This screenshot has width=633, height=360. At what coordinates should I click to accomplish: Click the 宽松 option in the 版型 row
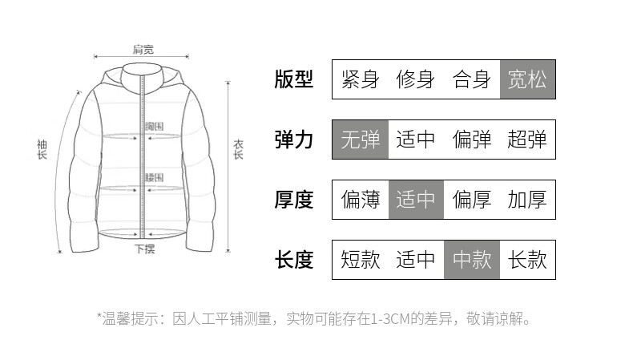527,79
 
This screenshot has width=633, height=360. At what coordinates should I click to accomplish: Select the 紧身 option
360,79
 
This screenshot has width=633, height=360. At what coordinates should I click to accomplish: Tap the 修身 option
416,79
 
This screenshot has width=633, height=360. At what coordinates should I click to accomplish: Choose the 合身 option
472,79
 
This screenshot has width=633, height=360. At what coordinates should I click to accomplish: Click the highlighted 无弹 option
360,140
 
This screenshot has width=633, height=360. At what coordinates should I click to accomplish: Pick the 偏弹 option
472,140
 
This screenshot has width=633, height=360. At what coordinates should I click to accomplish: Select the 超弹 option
527,140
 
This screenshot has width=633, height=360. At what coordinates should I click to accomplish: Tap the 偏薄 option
360,200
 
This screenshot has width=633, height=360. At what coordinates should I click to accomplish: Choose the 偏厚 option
472,200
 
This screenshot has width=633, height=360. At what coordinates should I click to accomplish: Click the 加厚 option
527,200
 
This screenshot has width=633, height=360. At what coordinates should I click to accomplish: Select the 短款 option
360,260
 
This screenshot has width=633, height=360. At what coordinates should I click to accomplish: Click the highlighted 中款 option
472,260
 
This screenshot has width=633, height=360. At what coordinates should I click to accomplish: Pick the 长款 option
527,260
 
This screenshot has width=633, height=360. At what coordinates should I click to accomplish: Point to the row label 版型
294,79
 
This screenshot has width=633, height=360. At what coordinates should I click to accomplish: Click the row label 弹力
294,140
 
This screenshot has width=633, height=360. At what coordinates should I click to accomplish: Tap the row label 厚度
294,200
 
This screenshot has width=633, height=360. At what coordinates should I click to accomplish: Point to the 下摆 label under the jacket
144,249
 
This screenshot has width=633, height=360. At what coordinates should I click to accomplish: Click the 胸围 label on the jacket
155,127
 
